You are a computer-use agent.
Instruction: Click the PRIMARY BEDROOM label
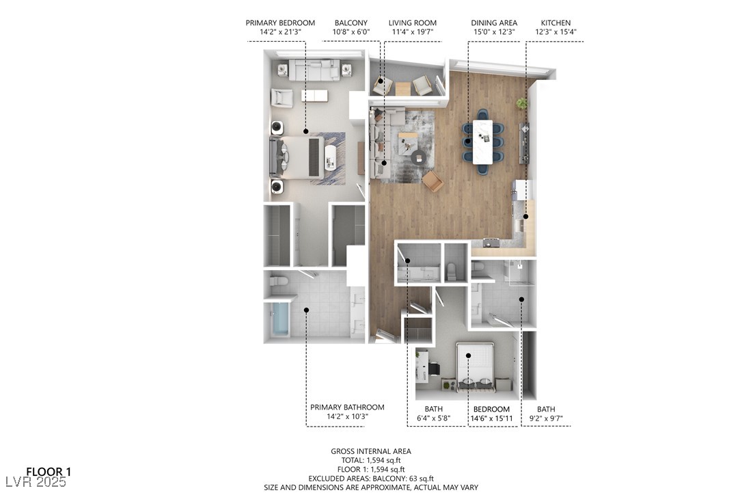280,23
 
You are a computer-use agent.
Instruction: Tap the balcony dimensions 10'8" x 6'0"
351,32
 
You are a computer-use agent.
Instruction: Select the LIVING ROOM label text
413,23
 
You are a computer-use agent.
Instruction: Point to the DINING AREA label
494,23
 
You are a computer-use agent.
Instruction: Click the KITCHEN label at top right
556,23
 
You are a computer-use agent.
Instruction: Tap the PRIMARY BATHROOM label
347,407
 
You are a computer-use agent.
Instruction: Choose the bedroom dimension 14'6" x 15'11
492,418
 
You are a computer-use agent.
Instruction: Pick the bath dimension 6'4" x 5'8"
433,418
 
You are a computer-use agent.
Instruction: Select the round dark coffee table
418,157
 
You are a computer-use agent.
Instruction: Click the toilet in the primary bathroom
279,282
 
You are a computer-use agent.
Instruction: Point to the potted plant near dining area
521,103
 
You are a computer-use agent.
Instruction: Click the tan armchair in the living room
433,181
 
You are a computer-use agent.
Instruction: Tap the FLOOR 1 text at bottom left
49,472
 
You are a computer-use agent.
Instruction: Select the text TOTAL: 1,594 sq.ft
371,460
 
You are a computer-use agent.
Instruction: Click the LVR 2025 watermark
36,482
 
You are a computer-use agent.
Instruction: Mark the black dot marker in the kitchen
525,217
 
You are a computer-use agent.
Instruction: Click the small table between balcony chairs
402,89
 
